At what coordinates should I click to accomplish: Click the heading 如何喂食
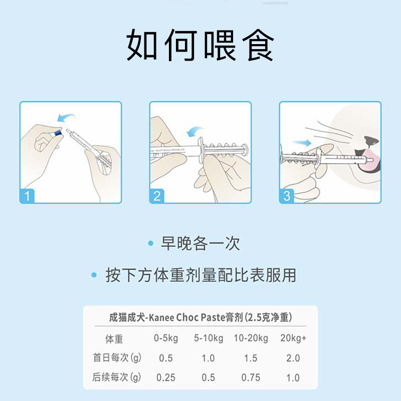tap(200, 45)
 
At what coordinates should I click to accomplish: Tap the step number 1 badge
tap(27, 196)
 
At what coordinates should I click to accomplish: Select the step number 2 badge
tap(157, 196)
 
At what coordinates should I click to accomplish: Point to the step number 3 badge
tap(287, 196)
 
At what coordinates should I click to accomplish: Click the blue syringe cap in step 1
tap(58, 132)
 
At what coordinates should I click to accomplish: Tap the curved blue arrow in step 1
tap(66, 117)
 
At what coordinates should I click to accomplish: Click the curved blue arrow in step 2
tap(195, 131)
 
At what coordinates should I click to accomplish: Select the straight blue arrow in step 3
tap(302, 143)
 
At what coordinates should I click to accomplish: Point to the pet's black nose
tap(371, 141)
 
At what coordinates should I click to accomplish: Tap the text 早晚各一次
tap(200, 243)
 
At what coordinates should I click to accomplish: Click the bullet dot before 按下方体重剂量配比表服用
tap(94, 275)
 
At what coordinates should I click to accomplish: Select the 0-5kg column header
tap(166, 338)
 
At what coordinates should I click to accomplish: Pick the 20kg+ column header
tap(293, 338)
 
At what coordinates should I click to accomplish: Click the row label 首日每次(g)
tap(117, 357)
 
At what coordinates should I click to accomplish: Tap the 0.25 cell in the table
tap(166, 377)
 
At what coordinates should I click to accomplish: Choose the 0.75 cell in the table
tap(251, 377)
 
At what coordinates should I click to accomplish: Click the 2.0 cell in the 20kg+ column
tap(293, 358)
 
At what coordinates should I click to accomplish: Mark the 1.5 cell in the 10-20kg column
tap(251, 358)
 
